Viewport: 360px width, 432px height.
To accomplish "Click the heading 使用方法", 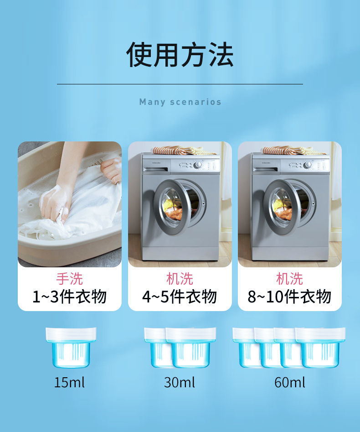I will (180, 55).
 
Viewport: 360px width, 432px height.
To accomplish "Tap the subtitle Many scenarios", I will (180, 102).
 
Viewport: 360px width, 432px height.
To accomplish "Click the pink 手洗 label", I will (70, 278).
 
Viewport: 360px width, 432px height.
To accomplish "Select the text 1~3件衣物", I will (70, 297).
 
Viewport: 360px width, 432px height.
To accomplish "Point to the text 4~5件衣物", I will (180, 297).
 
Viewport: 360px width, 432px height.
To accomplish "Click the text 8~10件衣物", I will (289, 297).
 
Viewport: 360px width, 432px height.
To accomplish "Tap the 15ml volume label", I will (70, 382).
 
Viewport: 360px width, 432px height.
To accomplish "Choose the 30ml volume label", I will (180, 382).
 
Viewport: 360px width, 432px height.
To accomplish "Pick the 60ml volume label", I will (289, 382).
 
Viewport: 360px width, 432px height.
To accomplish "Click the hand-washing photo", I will (70, 204).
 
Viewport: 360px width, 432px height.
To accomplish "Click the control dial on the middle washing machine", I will (198, 165).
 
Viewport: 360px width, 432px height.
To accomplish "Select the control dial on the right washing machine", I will (308, 165).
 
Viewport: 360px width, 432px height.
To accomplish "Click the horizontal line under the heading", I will (180, 84).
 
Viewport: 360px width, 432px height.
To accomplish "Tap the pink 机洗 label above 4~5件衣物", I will (180, 278).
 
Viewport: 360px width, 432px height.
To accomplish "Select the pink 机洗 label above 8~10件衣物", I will (289, 278).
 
